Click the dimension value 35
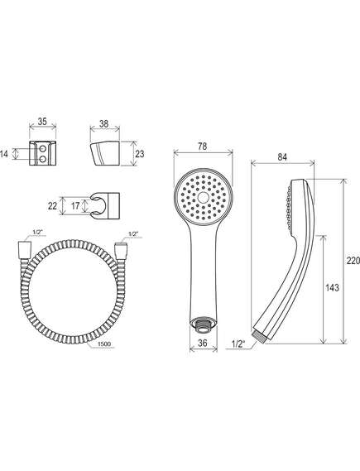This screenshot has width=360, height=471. [42, 122]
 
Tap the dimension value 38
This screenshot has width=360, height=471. [104, 123]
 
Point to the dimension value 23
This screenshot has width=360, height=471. [139, 154]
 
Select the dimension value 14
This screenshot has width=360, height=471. [4, 154]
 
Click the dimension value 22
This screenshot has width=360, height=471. [52, 206]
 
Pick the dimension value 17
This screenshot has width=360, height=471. [75, 206]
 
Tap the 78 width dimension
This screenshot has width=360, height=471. [203, 147]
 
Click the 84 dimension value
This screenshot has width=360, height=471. [282, 156]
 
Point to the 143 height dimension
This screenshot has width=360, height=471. [332, 288]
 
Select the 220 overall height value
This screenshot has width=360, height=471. [353, 261]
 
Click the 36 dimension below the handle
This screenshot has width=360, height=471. [203, 343]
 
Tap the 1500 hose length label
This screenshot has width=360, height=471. [104, 344]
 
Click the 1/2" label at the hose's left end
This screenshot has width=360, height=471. [36, 232]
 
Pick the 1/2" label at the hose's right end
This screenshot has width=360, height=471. [132, 233]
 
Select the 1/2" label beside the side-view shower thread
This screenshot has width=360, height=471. [238, 344]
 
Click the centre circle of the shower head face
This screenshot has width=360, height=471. [204, 197]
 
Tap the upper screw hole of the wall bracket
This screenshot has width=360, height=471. [43, 149]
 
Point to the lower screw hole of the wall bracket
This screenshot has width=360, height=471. [43, 159]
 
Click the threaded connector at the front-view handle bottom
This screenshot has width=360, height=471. [204, 325]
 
